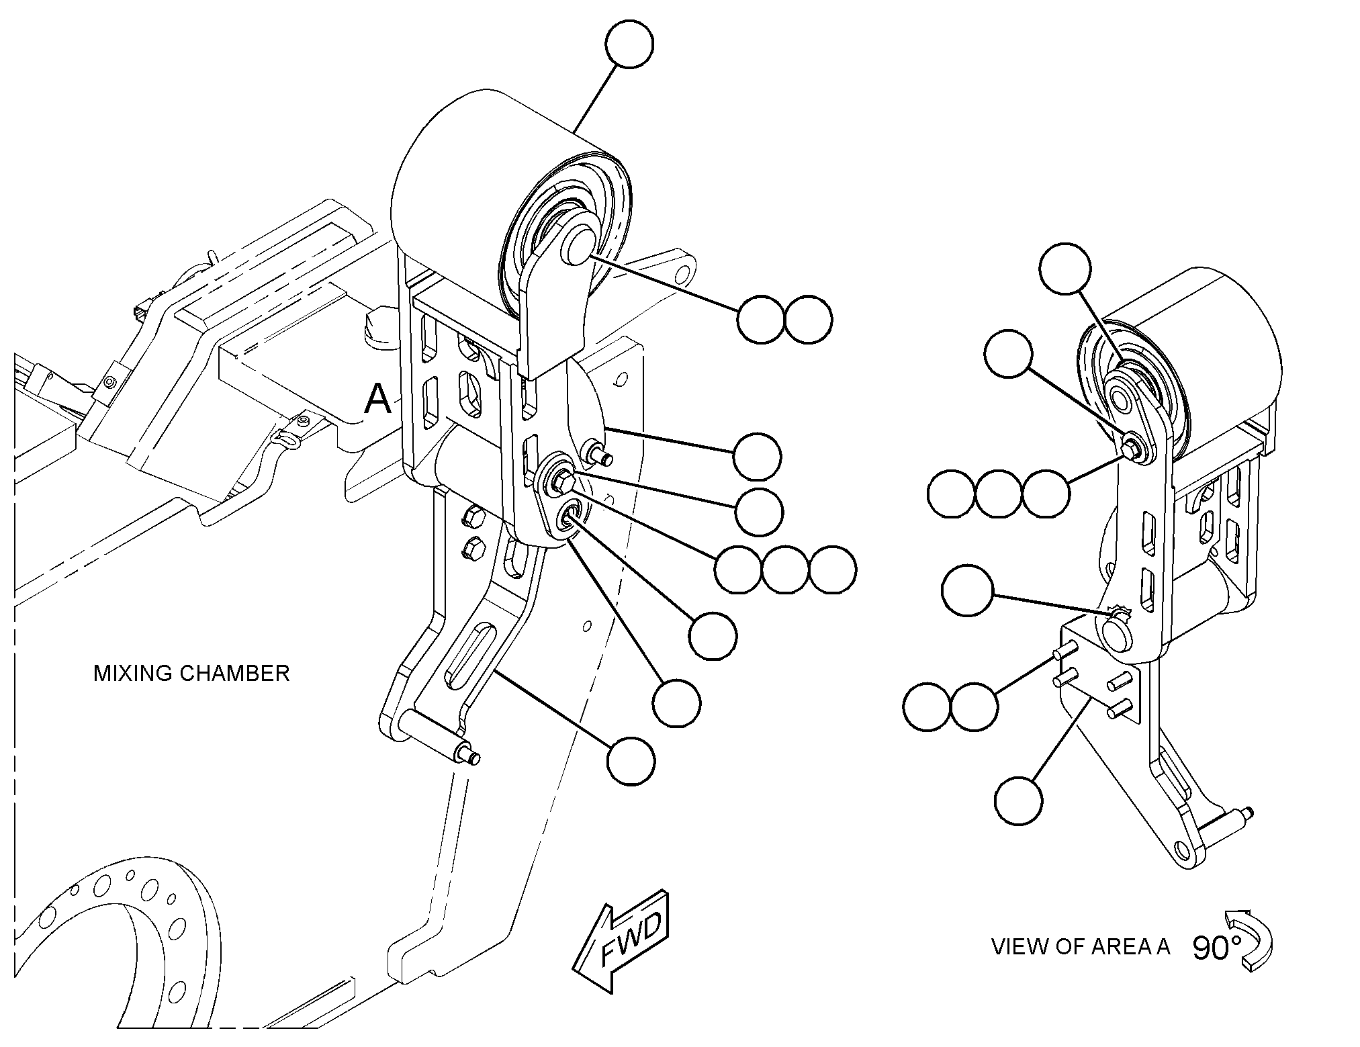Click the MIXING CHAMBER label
click(191, 673)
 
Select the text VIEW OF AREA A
click(1081, 947)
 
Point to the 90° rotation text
click(1217, 948)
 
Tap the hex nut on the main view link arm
click(560, 479)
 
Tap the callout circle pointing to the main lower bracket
click(631, 760)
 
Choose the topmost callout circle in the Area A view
click(1065, 269)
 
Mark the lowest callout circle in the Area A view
click(1019, 801)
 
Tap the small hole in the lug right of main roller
click(683, 273)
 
